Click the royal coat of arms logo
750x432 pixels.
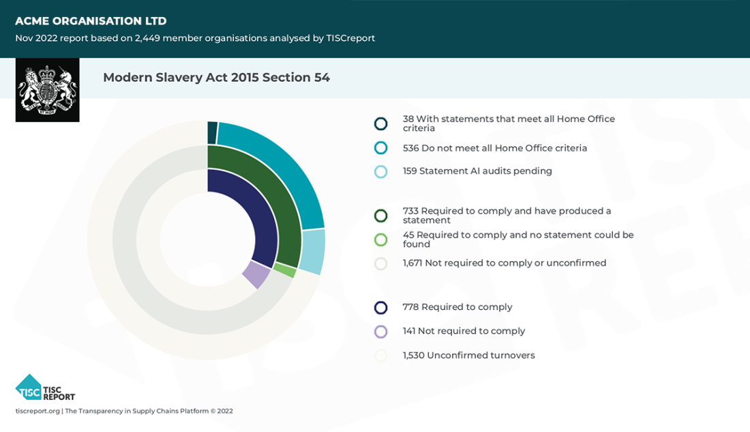[x=47, y=90]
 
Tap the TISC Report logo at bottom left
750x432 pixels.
[x=45, y=388]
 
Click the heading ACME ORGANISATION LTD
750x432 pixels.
[x=91, y=21]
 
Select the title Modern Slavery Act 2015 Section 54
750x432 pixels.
[x=216, y=78]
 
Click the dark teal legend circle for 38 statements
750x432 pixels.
[x=381, y=124]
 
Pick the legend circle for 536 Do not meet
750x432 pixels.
[x=381, y=148]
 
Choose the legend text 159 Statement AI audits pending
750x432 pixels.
[x=477, y=171]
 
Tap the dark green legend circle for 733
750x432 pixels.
[x=381, y=216]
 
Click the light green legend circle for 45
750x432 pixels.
[x=381, y=240]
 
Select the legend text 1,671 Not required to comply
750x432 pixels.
[x=505, y=263]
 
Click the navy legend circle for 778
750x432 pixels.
[x=381, y=308]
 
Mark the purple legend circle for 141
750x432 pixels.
[x=381, y=332]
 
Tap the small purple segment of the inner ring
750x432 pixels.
[x=256, y=275]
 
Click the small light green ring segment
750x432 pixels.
[x=285, y=272]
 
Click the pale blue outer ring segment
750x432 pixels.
[x=312, y=251]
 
